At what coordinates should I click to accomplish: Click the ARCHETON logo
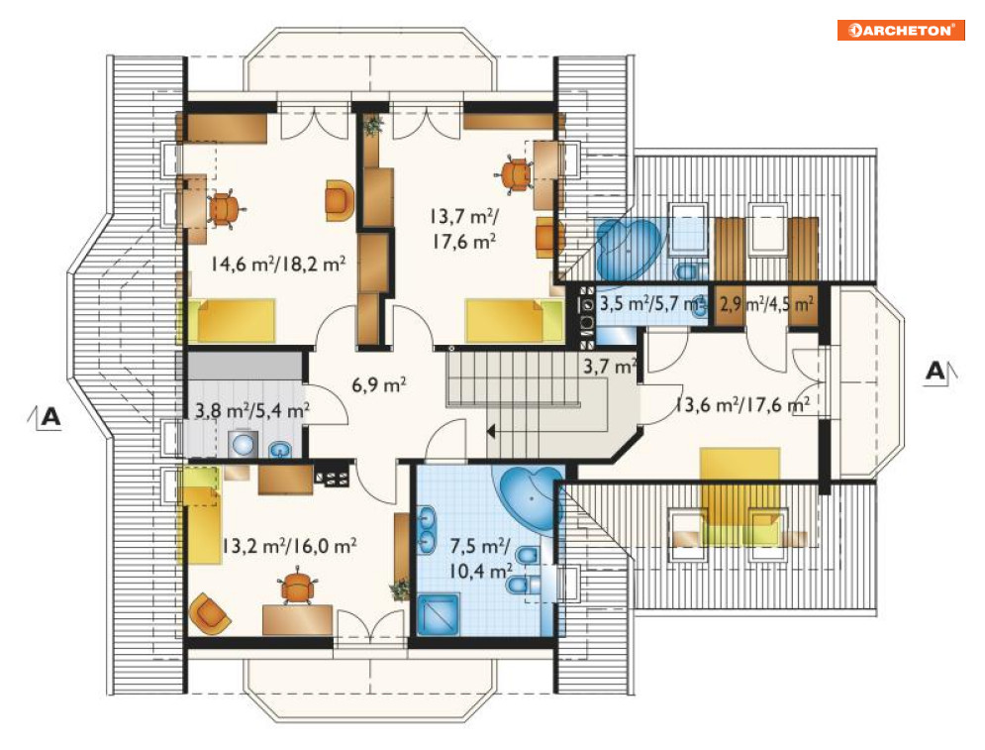[901, 30]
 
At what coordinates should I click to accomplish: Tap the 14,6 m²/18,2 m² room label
[277, 264]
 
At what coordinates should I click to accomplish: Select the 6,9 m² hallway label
[379, 383]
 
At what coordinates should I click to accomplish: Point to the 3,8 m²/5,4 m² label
[251, 410]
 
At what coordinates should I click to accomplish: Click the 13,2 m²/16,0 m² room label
[289, 545]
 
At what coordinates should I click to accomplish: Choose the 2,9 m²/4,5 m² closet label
[767, 304]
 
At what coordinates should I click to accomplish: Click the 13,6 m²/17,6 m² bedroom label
[741, 404]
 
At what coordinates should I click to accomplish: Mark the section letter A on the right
[935, 371]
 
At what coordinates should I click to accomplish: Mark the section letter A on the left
[50, 416]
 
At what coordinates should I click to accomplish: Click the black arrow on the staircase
[491, 431]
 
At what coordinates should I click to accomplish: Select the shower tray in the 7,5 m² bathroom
[439, 613]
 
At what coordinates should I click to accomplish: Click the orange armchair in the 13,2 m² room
[210, 612]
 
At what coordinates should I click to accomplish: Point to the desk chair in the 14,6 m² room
[224, 209]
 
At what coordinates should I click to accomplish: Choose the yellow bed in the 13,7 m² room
[515, 321]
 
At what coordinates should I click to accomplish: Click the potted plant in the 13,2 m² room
[400, 589]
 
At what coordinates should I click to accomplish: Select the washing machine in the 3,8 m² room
[243, 444]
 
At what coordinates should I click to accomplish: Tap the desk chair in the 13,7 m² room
[516, 174]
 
